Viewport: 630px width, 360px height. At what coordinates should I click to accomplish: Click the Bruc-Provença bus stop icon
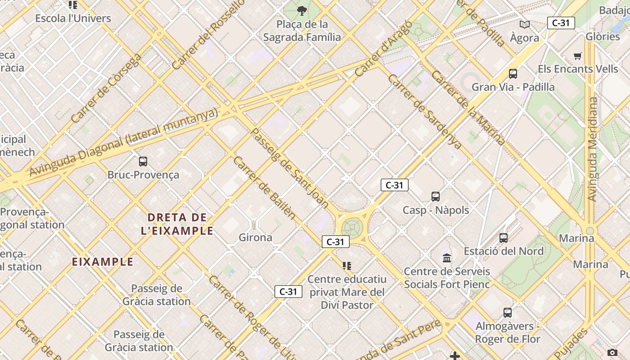143,161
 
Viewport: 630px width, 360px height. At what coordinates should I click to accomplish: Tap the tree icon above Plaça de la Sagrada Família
302,10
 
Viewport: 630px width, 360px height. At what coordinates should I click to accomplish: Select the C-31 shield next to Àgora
561,23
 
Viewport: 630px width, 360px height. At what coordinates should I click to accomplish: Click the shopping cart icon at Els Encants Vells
578,56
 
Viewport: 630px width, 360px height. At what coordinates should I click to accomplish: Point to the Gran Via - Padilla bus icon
513,74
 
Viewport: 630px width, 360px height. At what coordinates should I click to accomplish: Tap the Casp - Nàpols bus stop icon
435,197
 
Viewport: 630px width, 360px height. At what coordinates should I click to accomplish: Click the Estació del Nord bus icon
504,238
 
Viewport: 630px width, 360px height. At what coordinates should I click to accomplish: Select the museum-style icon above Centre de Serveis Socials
447,258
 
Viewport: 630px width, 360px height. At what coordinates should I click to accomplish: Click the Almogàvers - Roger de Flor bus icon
507,313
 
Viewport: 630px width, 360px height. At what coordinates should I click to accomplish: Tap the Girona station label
255,237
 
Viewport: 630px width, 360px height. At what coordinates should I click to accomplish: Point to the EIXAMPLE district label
103,261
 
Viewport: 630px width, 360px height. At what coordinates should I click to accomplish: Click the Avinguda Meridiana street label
593,148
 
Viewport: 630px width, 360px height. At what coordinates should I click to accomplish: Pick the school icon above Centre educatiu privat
346,266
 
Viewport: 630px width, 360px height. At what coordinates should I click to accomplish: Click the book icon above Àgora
524,25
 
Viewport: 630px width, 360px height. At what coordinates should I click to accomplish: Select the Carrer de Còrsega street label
106,88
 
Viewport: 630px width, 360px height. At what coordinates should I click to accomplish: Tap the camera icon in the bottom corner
612,352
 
